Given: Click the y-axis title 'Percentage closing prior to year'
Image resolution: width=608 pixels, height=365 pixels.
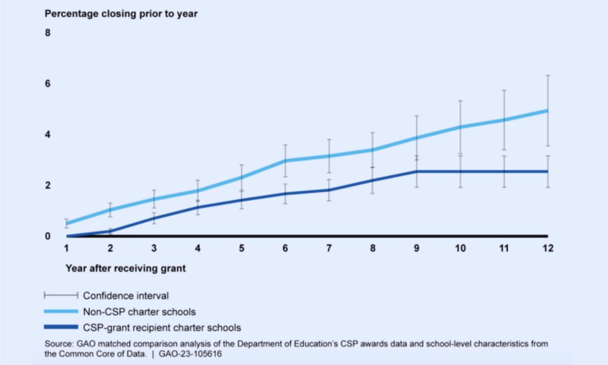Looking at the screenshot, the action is pos(121,14).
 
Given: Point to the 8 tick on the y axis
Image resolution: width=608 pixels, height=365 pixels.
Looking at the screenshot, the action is pos(48,32).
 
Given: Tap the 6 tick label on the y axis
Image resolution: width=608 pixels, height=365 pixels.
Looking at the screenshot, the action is pos(48,83).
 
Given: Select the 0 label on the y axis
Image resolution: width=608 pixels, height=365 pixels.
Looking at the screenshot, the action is pos(48,236).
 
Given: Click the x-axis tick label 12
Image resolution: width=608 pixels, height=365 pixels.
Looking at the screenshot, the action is pos(548,248).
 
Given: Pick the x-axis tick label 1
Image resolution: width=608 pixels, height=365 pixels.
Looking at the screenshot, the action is pos(66,248).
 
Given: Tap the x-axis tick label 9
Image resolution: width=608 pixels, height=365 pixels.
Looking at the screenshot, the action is pos(416,248).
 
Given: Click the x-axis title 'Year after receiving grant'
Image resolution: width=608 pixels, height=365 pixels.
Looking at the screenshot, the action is pos(126,268).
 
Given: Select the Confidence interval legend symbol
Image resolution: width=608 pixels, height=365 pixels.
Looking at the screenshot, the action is pos(61,295).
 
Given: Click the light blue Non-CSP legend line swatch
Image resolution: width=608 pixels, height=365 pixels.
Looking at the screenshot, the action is pos(61,311).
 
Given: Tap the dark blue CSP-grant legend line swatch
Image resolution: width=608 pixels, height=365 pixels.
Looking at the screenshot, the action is pos(61,327).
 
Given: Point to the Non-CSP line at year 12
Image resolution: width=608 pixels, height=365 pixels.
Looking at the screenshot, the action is pos(548,111).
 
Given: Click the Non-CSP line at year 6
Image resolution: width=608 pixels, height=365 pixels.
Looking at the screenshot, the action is pos(285,161).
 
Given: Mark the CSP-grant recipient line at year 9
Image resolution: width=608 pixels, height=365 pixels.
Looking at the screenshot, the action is pos(416,171).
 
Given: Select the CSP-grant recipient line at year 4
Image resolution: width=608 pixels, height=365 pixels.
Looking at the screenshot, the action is pos(198,208).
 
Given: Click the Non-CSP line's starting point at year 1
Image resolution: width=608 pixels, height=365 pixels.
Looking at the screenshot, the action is pos(67,224).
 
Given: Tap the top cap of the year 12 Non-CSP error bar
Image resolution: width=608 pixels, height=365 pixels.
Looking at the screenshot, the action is pos(548,75).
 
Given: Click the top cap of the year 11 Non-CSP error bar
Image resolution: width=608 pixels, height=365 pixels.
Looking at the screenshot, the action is pos(504,90).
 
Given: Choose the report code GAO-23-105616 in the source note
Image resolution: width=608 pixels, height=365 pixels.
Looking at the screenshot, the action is pos(190,354).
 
